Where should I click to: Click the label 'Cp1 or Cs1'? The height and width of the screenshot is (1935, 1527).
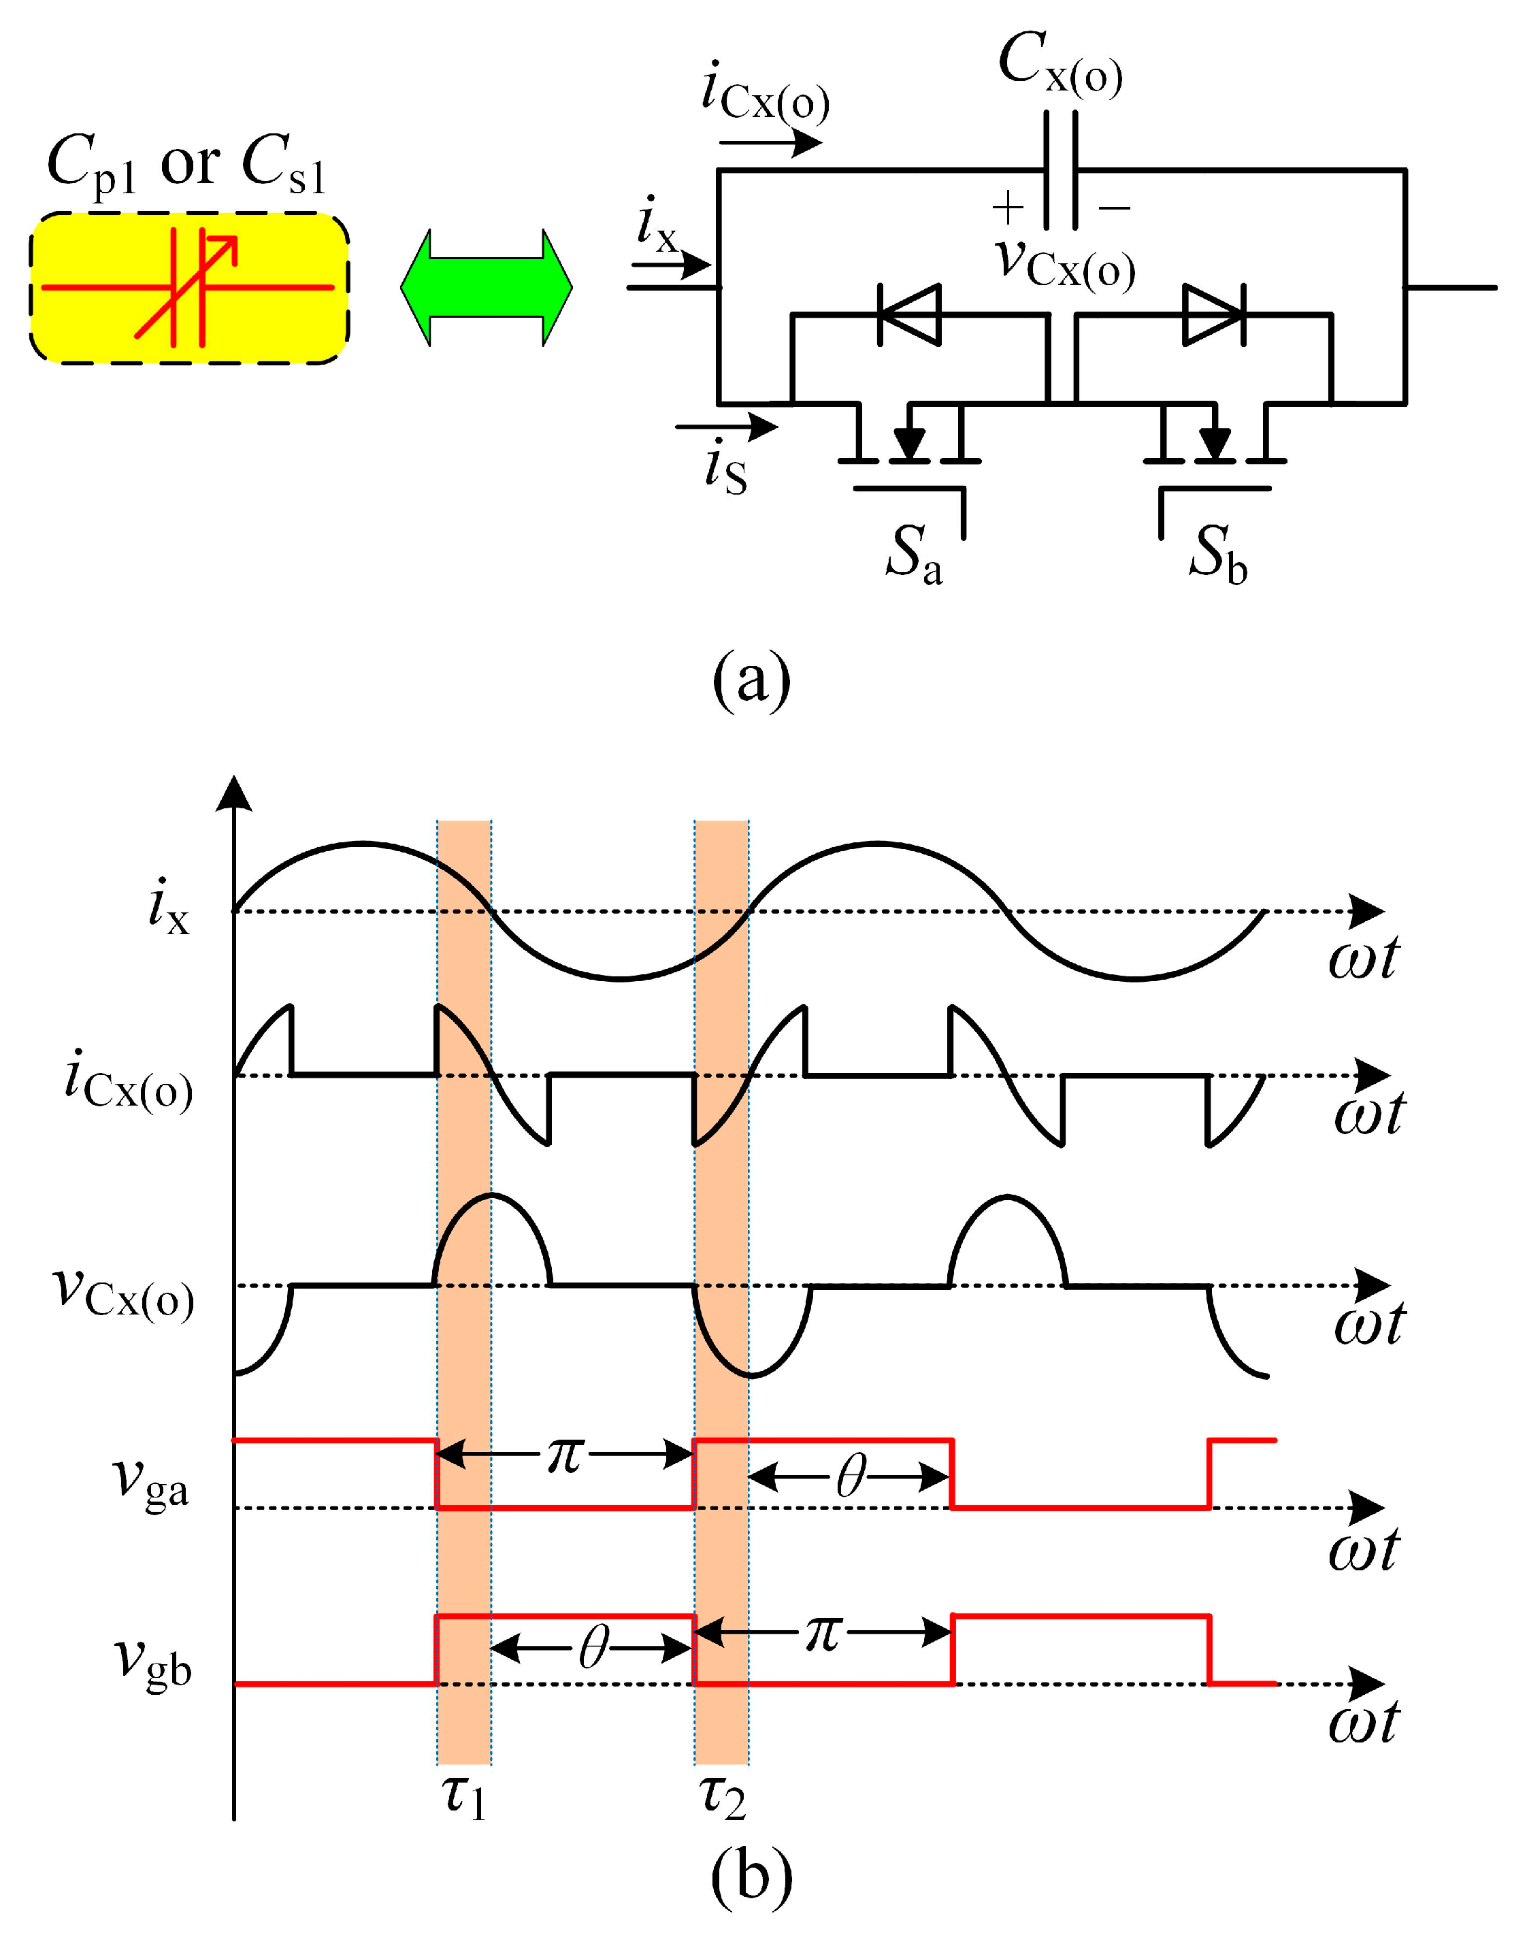click(x=186, y=165)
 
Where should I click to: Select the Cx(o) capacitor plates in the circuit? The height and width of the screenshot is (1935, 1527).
click(x=1060, y=170)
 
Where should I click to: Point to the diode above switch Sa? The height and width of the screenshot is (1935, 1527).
click(x=909, y=314)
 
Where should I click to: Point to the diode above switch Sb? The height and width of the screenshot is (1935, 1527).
click(x=1213, y=314)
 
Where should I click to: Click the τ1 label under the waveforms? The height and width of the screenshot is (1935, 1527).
click(x=464, y=1796)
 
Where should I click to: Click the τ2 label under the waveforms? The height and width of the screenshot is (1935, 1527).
click(x=723, y=1796)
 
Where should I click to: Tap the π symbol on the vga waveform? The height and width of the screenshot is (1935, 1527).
click(x=565, y=1456)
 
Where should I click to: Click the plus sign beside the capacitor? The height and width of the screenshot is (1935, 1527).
click(x=1008, y=208)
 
